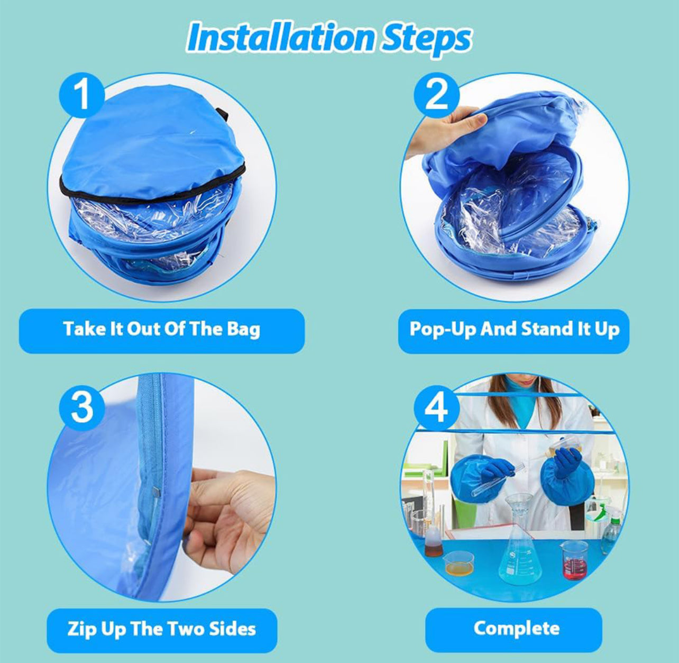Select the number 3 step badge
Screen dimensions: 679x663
tap(81, 408)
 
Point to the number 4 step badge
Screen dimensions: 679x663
tap(436, 408)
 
